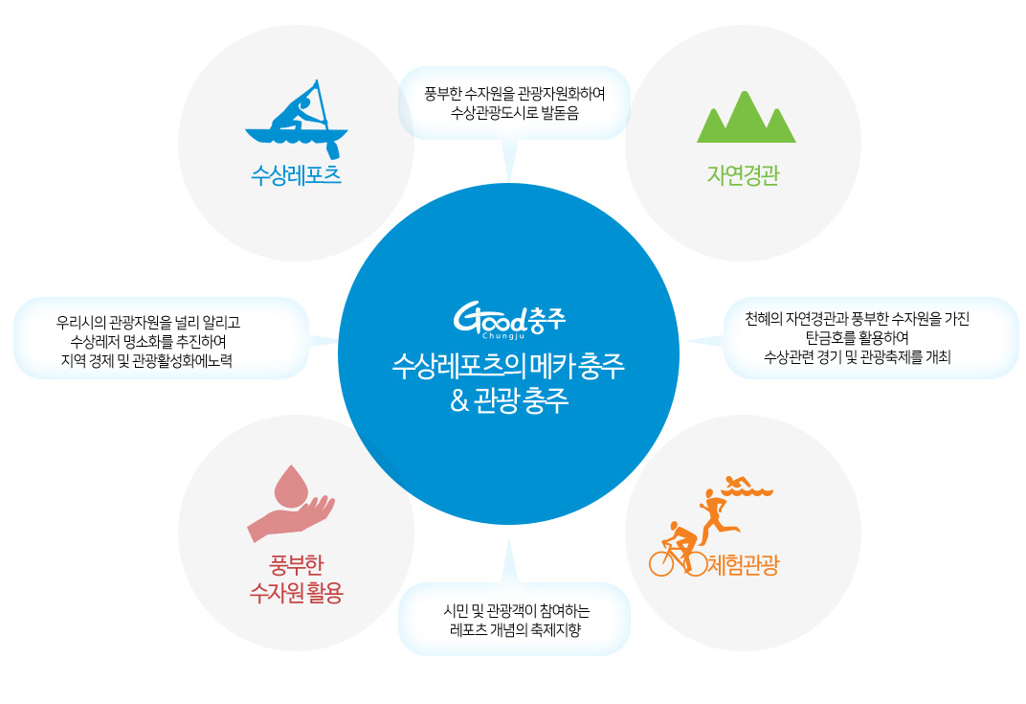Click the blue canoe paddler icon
[296, 120]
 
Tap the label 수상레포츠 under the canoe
[296, 175]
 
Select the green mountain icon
[746, 118]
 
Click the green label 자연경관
[743, 175]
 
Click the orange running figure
[718, 516]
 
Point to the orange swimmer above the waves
[747, 486]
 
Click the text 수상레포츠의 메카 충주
[509, 367]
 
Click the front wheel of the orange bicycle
[694, 563]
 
